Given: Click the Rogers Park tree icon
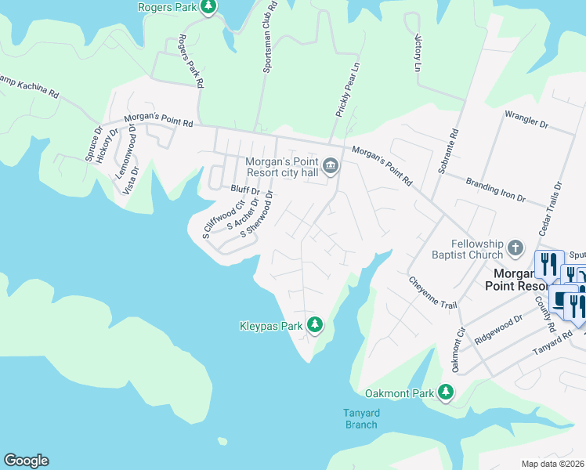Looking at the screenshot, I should point(208,7).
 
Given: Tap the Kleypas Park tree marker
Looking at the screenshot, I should point(315,324).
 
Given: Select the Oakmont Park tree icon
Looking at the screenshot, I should point(446,392).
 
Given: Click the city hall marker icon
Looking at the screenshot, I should point(331,165).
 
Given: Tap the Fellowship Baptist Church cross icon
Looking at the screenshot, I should point(515,248).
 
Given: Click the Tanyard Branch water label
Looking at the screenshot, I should point(360,419).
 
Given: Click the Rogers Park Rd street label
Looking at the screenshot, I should point(190,61).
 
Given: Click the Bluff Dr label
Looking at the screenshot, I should point(244,190).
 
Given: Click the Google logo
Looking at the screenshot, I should point(26,461).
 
